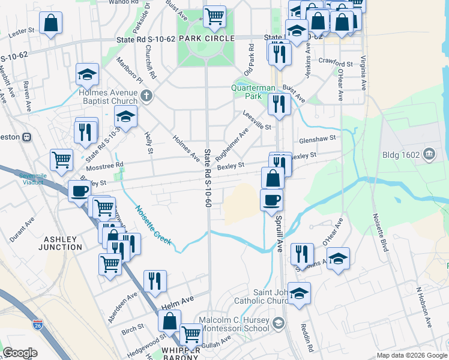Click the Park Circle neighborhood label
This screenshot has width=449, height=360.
206,38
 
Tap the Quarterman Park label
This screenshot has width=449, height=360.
247,92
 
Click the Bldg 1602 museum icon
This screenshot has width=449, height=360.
429,154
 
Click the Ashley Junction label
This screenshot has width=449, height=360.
60,243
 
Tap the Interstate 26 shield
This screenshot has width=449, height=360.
37,326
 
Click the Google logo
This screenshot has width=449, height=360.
20,353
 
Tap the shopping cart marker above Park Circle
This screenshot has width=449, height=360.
214,16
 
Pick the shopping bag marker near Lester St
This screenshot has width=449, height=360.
52,23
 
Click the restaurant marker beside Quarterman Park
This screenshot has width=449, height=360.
279,104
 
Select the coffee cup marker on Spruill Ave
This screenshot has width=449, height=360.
271,199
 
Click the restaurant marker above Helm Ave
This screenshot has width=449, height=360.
155,281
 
